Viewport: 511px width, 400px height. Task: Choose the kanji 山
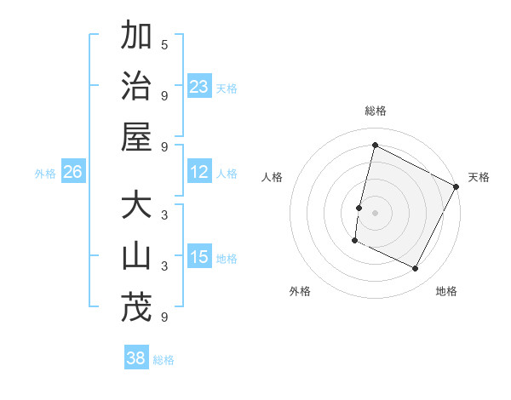(136, 256)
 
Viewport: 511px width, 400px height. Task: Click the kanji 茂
(136, 307)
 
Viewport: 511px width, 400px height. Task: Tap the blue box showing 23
(199, 87)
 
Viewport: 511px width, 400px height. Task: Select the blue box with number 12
(199, 173)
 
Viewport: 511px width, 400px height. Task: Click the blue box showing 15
(199, 258)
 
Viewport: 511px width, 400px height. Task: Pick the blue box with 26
(72, 173)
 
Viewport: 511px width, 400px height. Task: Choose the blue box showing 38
(136, 358)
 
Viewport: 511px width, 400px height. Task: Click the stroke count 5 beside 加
(164, 45)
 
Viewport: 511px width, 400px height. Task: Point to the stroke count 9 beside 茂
(164, 317)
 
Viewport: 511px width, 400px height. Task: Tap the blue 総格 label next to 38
(164, 360)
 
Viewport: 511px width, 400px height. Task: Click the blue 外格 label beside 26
(45, 174)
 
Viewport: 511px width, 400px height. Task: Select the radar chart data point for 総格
(375, 146)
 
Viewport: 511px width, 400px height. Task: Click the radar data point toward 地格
(415, 269)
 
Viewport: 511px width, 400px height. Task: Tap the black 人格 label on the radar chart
(273, 177)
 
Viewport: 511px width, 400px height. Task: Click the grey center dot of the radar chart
(375, 212)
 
